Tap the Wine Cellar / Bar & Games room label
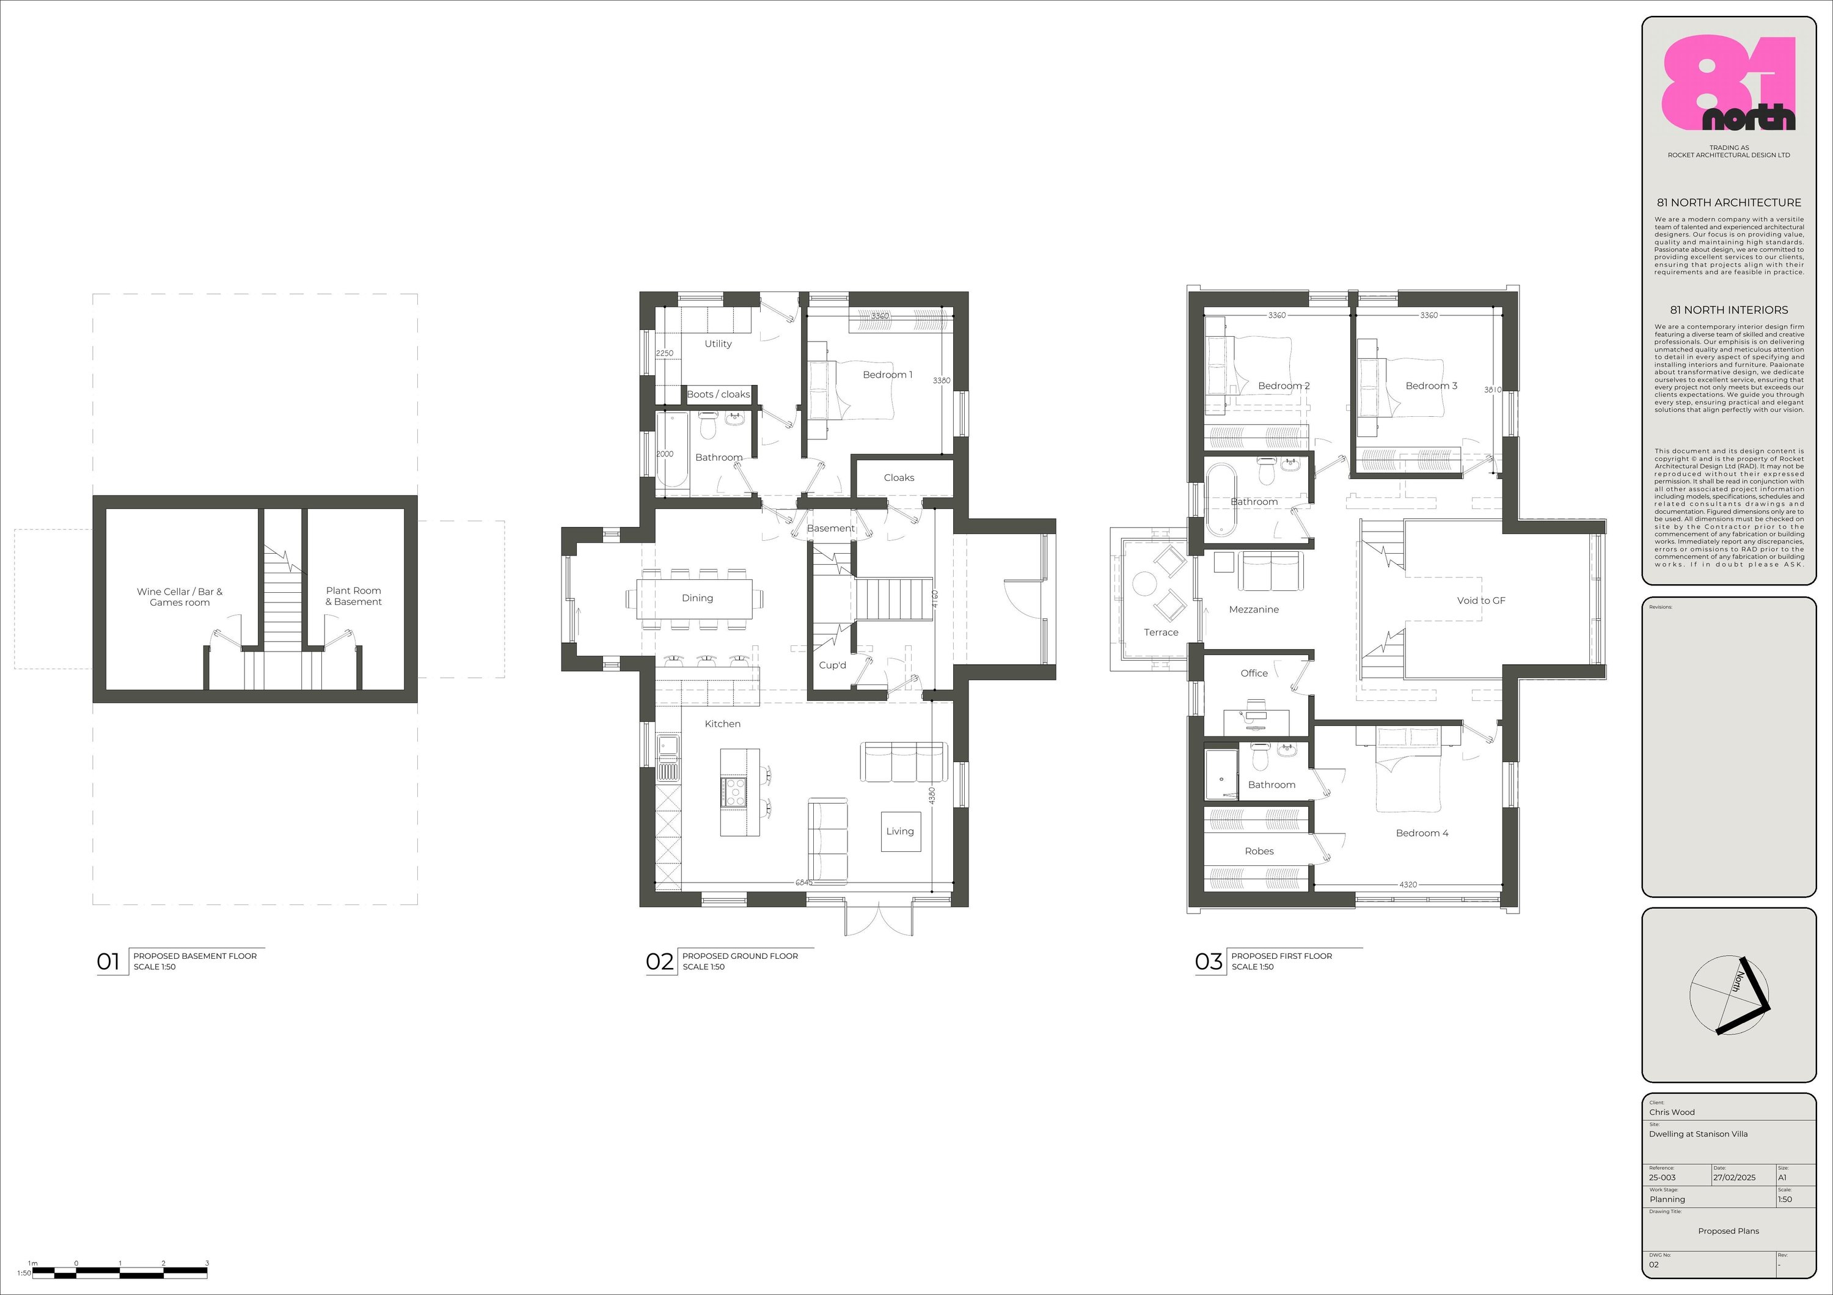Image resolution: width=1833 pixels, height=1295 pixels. (180, 596)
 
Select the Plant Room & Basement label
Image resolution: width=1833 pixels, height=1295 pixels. (354, 596)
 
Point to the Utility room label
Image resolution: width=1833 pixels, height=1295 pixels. (718, 343)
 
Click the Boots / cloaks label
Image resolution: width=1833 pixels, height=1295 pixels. (719, 394)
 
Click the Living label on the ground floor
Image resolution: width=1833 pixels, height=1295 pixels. (900, 831)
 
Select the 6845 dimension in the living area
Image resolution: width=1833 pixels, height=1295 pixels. (804, 882)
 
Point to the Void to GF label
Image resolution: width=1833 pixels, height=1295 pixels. (1481, 600)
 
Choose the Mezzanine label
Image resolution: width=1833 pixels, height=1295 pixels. (1253, 609)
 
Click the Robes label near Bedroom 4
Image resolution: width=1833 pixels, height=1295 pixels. (1259, 851)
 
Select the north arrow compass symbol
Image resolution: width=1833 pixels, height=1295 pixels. (1729, 995)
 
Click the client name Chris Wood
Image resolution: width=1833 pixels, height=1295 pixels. (1672, 1112)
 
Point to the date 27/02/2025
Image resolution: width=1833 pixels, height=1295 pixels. (1734, 1178)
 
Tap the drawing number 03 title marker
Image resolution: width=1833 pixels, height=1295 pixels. (1209, 961)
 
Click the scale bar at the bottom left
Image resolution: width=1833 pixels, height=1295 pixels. (120, 1271)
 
